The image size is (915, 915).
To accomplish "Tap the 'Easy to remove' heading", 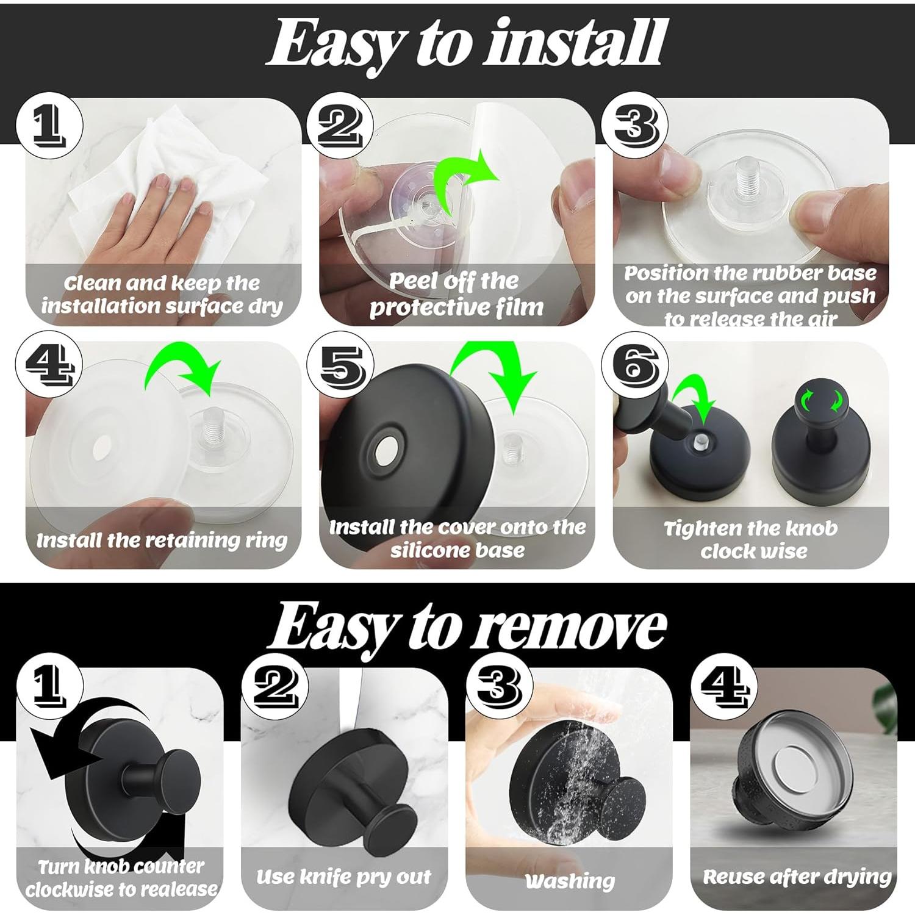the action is click(467, 628).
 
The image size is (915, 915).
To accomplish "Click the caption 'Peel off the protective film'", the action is click(456, 294).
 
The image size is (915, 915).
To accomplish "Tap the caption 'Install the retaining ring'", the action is click(162, 540).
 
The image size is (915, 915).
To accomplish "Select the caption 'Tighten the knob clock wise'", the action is click(752, 540).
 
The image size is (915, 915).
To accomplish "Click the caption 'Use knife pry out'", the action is click(343, 877).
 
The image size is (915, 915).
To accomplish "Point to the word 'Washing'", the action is click(570, 881).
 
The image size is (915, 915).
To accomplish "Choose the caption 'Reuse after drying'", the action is click(797, 877).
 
